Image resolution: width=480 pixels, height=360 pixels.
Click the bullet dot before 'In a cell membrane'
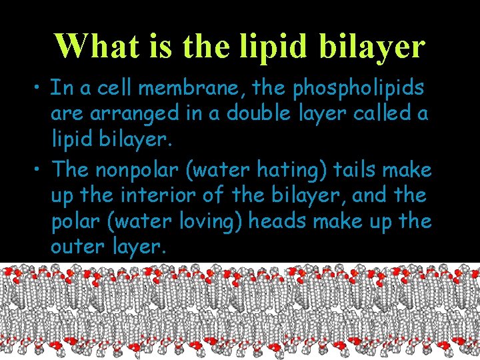41,89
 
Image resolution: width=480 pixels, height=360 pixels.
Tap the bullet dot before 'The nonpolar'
41,171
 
